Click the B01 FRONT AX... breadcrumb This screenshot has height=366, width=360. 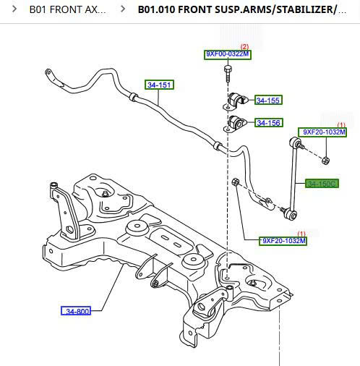(x=67, y=10)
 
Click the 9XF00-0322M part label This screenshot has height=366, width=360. (x=228, y=55)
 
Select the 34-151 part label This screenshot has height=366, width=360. (x=160, y=85)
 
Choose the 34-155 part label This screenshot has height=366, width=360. (x=268, y=101)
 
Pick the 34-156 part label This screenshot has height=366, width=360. (x=268, y=123)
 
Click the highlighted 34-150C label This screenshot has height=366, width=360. (x=322, y=184)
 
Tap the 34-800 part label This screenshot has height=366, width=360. (x=76, y=311)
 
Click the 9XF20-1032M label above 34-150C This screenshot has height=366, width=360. (x=324, y=132)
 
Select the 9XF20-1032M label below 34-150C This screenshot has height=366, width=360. (x=283, y=241)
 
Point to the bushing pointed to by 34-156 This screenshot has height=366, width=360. (x=236, y=123)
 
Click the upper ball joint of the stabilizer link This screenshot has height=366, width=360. (x=293, y=141)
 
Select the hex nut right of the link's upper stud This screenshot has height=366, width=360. (x=326, y=159)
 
